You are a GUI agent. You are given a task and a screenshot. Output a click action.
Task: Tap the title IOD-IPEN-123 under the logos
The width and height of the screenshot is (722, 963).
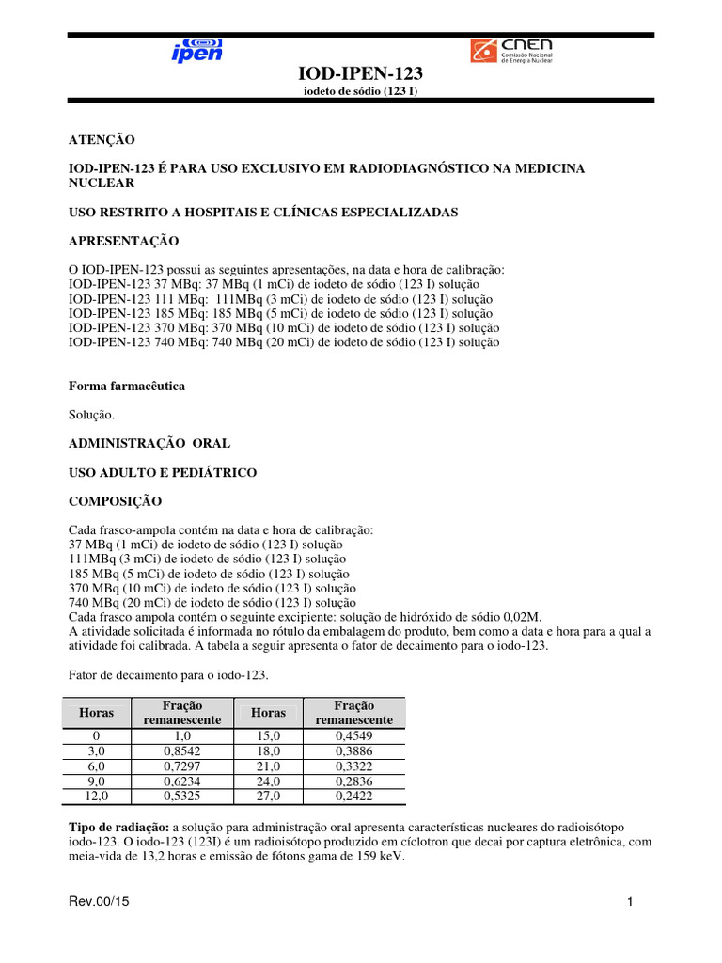tap(360, 74)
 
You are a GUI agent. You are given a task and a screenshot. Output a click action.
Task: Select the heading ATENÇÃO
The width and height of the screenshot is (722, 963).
tap(102, 139)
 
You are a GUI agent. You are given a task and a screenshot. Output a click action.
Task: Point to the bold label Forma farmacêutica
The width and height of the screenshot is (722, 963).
tap(127, 386)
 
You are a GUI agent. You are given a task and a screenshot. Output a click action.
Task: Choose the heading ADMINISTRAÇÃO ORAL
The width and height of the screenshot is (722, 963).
tap(149, 442)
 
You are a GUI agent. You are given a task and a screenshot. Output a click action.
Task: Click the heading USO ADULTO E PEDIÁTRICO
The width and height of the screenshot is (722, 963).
tap(163, 472)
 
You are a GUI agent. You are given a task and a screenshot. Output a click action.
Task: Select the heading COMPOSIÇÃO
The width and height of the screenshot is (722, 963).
tap(116, 501)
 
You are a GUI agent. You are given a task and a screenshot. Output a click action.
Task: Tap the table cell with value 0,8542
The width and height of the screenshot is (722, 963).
tap(182, 751)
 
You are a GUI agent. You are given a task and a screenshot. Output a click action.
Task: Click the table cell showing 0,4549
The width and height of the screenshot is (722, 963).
tap(354, 736)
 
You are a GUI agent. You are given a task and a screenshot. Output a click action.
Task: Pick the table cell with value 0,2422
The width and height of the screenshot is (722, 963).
tap(354, 797)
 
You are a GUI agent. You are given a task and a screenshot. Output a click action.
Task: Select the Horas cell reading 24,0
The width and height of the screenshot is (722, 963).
tap(268, 781)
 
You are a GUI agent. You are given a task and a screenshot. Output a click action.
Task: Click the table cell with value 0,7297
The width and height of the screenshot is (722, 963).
tap(182, 766)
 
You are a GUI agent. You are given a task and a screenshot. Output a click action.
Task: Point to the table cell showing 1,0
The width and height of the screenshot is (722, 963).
tap(182, 736)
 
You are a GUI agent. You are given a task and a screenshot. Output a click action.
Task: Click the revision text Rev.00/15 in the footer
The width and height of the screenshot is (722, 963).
tap(98, 903)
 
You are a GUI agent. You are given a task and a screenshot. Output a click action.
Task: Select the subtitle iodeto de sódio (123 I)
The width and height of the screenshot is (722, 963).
tap(360, 92)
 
